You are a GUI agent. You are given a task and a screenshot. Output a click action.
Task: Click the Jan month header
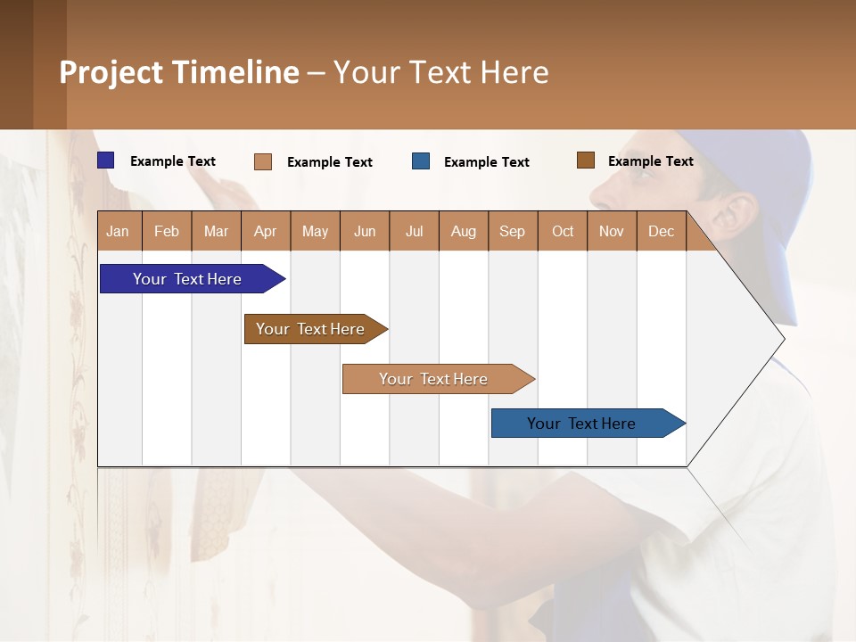(x=119, y=231)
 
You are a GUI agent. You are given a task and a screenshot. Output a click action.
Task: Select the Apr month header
(x=266, y=231)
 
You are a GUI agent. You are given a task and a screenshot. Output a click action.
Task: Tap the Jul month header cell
(x=414, y=231)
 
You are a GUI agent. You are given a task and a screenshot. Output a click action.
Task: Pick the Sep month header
(x=512, y=231)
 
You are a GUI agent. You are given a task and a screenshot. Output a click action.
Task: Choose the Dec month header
(x=661, y=231)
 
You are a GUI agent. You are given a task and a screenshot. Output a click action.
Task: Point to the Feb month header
(x=167, y=231)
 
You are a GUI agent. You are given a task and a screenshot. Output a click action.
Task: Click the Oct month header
(x=563, y=231)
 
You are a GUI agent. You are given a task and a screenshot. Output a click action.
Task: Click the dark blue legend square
(x=106, y=160)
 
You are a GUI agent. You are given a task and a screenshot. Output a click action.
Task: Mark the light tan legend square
(x=263, y=161)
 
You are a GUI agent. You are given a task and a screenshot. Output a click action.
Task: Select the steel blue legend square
(x=421, y=161)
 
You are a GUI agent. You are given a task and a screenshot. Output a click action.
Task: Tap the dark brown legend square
(x=586, y=160)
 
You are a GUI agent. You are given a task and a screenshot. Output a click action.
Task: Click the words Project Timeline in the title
(x=179, y=72)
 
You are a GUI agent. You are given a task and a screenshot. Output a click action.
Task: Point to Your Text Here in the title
(x=440, y=72)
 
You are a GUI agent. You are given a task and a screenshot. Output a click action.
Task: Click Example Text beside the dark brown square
(x=650, y=161)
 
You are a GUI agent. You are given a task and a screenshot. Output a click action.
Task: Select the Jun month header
(x=365, y=231)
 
